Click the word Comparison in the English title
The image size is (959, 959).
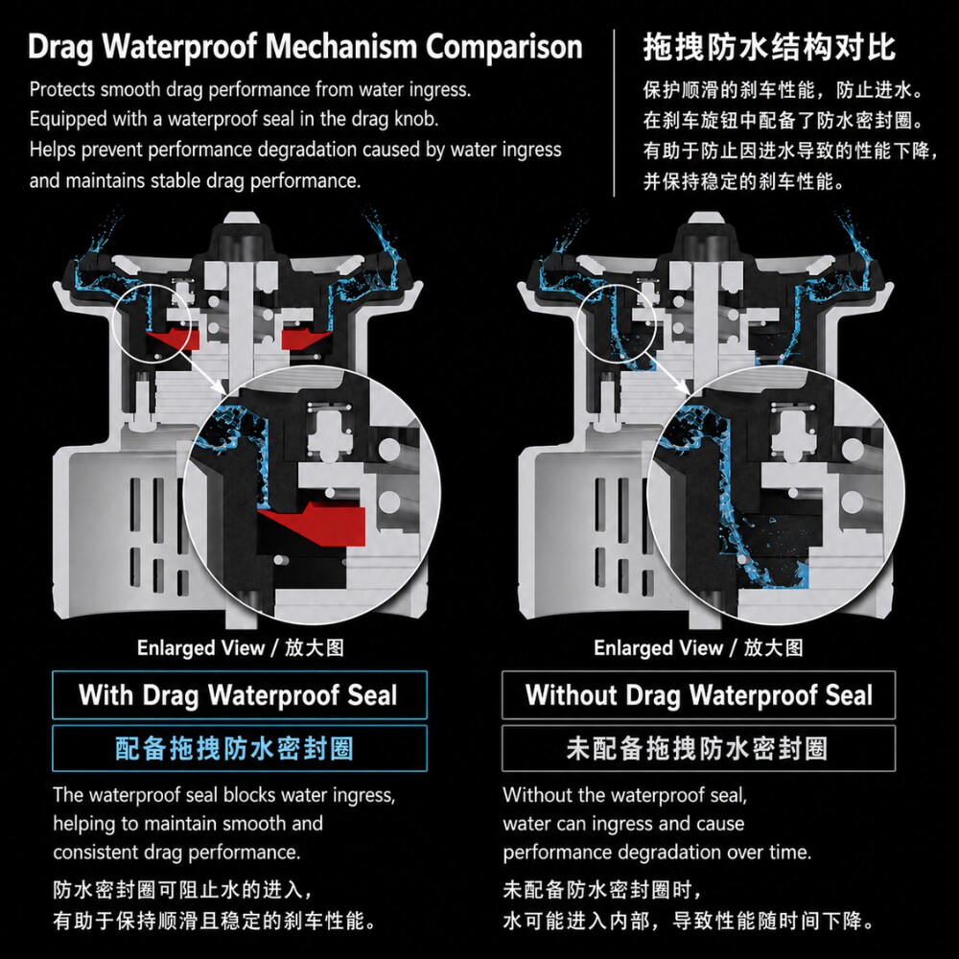[504, 47]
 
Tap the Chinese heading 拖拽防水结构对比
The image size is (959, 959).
[769, 47]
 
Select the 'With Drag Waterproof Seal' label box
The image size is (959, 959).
[240, 694]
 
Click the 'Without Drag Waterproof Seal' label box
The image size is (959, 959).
[698, 694]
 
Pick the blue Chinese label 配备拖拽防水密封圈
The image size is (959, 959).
[235, 748]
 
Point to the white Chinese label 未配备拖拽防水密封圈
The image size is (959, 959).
[697, 748]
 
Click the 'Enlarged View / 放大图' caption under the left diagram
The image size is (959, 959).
[241, 647]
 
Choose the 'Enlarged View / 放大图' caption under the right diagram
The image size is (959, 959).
[698, 647]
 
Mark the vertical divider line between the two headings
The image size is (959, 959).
[614, 113]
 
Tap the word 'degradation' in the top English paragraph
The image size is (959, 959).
[309, 151]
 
